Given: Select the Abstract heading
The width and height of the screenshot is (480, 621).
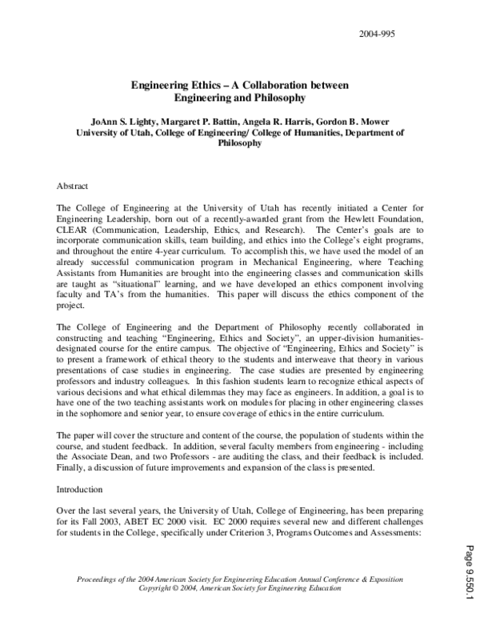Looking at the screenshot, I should (x=73, y=186).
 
